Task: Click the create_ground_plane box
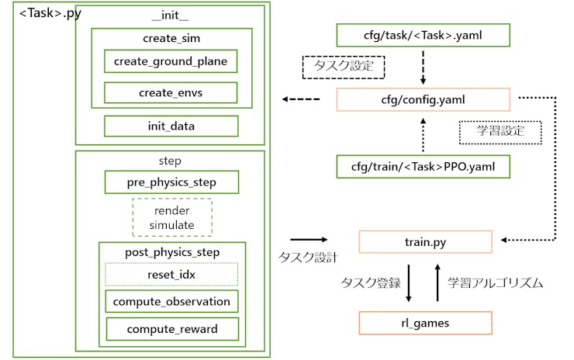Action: [x=171, y=61]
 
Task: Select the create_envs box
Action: [x=171, y=93]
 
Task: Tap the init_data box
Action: [x=171, y=126]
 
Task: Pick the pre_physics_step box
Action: [x=171, y=182]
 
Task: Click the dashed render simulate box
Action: [x=171, y=217]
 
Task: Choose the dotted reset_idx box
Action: [x=171, y=275]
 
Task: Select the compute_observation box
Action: [x=171, y=302]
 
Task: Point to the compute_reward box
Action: [x=171, y=329]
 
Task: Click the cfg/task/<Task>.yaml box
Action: [x=423, y=35]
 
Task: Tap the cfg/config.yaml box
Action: [x=423, y=99]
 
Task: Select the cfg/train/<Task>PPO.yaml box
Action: [x=423, y=167]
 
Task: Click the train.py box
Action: [x=425, y=242]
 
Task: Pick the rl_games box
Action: [x=425, y=323]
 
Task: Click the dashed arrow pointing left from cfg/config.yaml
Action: [x=301, y=99]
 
